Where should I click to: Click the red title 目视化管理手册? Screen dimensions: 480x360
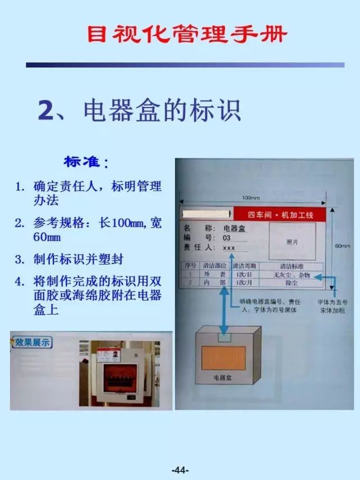[187, 35]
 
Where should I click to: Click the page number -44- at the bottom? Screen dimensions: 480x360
[180, 469]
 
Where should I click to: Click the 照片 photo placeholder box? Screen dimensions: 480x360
[291, 241]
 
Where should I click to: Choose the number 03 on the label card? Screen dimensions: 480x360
[227, 238]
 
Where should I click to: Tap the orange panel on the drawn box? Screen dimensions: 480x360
[223, 358]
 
